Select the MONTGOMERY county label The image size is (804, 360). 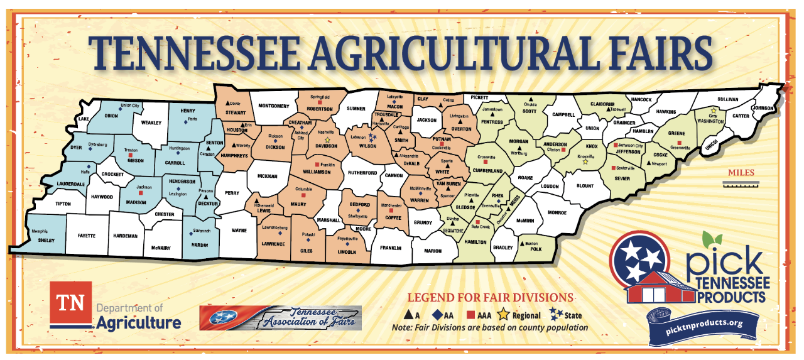tap(273, 106)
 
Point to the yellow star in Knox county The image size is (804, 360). tap(585, 161)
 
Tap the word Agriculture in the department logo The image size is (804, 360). tap(139, 323)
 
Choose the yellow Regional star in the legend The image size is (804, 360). tap(503, 315)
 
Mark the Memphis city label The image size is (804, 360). tap(40, 232)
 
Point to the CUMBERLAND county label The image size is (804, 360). tap(488, 171)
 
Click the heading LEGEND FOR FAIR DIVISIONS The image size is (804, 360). tap(491, 297)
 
